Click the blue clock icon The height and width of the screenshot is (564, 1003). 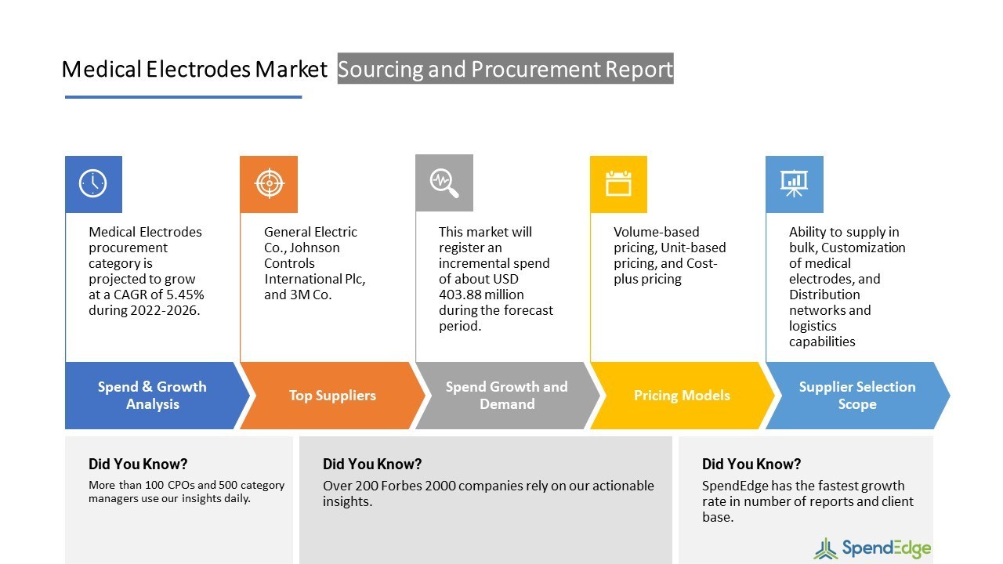pyautogui.click(x=93, y=184)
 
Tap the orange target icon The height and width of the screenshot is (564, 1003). pyautogui.click(x=269, y=184)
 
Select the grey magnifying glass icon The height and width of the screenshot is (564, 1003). pyautogui.click(x=444, y=183)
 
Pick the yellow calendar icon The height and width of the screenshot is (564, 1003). pyautogui.click(x=618, y=184)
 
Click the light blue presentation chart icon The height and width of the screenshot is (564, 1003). pyautogui.click(x=794, y=184)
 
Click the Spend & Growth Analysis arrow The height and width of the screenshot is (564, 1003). pyautogui.click(x=152, y=396)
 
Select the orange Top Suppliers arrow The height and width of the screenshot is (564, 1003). pyautogui.click(x=331, y=396)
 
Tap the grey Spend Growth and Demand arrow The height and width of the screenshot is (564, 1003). pyautogui.click(x=506, y=396)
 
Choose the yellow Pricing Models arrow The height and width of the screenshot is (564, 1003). pyautogui.click(x=682, y=396)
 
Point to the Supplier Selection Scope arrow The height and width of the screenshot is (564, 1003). pyautogui.click(x=856, y=396)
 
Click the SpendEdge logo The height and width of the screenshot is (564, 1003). pyautogui.click(x=872, y=548)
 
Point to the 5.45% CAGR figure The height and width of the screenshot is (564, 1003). pyautogui.click(x=182, y=295)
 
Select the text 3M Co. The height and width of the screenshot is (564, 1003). pyautogui.click(x=311, y=295)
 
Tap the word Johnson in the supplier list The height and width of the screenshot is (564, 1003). pyautogui.click(x=315, y=248)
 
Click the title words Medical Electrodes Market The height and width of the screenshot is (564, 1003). pyautogui.click(x=194, y=70)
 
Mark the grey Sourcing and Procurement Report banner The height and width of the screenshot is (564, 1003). pyautogui.click(x=505, y=69)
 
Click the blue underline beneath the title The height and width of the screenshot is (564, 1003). pyautogui.click(x=183, y=97)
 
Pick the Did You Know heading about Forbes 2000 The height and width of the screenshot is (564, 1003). pyautogui.click(x=372, y=465)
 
